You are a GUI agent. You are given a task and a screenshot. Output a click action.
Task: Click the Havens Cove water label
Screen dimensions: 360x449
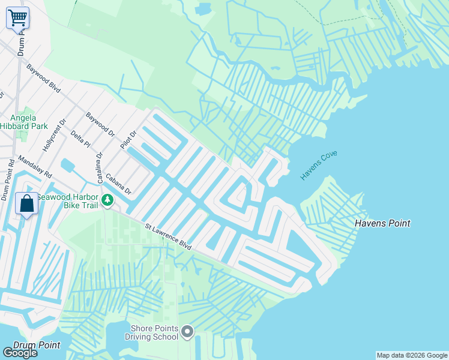(x=319, y=166)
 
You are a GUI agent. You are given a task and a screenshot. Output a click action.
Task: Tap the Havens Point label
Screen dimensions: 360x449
(x=382, y=223)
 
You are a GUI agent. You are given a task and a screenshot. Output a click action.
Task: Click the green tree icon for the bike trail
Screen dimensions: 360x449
(x=107, y=200)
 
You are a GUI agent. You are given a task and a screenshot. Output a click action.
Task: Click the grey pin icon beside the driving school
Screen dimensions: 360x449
(x=187, y=331)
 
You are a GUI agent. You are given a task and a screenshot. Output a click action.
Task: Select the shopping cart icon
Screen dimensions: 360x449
(x=17, y=17)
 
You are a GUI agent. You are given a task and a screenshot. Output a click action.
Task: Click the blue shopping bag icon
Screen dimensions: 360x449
(x=27, y=203)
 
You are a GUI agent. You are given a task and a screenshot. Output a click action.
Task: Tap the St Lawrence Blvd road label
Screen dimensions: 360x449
(x=168, y=236)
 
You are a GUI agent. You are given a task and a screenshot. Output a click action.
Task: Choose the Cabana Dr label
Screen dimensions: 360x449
(x=118, y=184)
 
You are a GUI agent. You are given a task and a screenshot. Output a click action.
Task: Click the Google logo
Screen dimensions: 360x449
(x=20, y=353)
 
